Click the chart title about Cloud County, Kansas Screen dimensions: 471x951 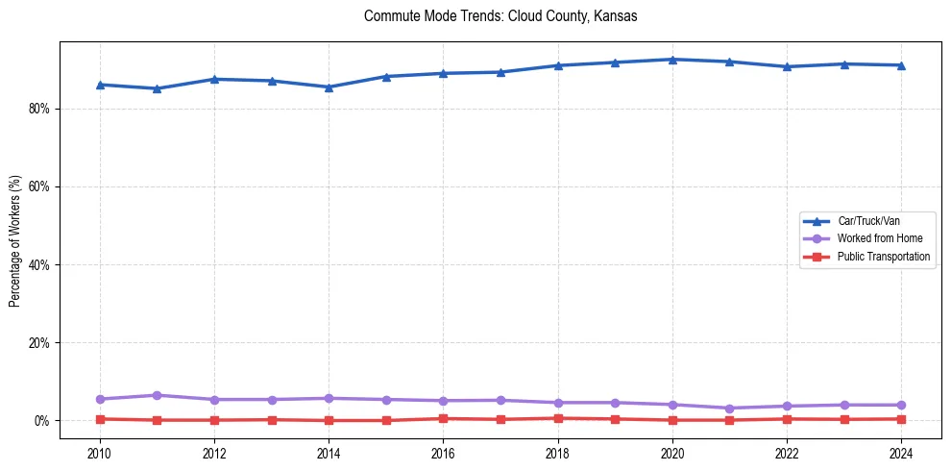point(500,16)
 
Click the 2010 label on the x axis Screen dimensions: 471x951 point(100,453)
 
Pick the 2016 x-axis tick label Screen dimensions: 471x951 point(443,453)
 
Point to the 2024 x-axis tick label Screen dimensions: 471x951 point(901,453)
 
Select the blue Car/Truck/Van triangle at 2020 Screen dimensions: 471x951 point(672,60)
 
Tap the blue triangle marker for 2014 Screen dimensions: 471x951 point(329,87)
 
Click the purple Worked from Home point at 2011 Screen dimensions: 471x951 point(157,395)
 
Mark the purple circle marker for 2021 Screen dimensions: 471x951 point(729,409)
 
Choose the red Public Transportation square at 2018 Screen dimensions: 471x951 point(557,418)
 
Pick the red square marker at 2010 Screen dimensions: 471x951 point(100,419)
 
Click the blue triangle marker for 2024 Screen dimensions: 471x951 point(901,65)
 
